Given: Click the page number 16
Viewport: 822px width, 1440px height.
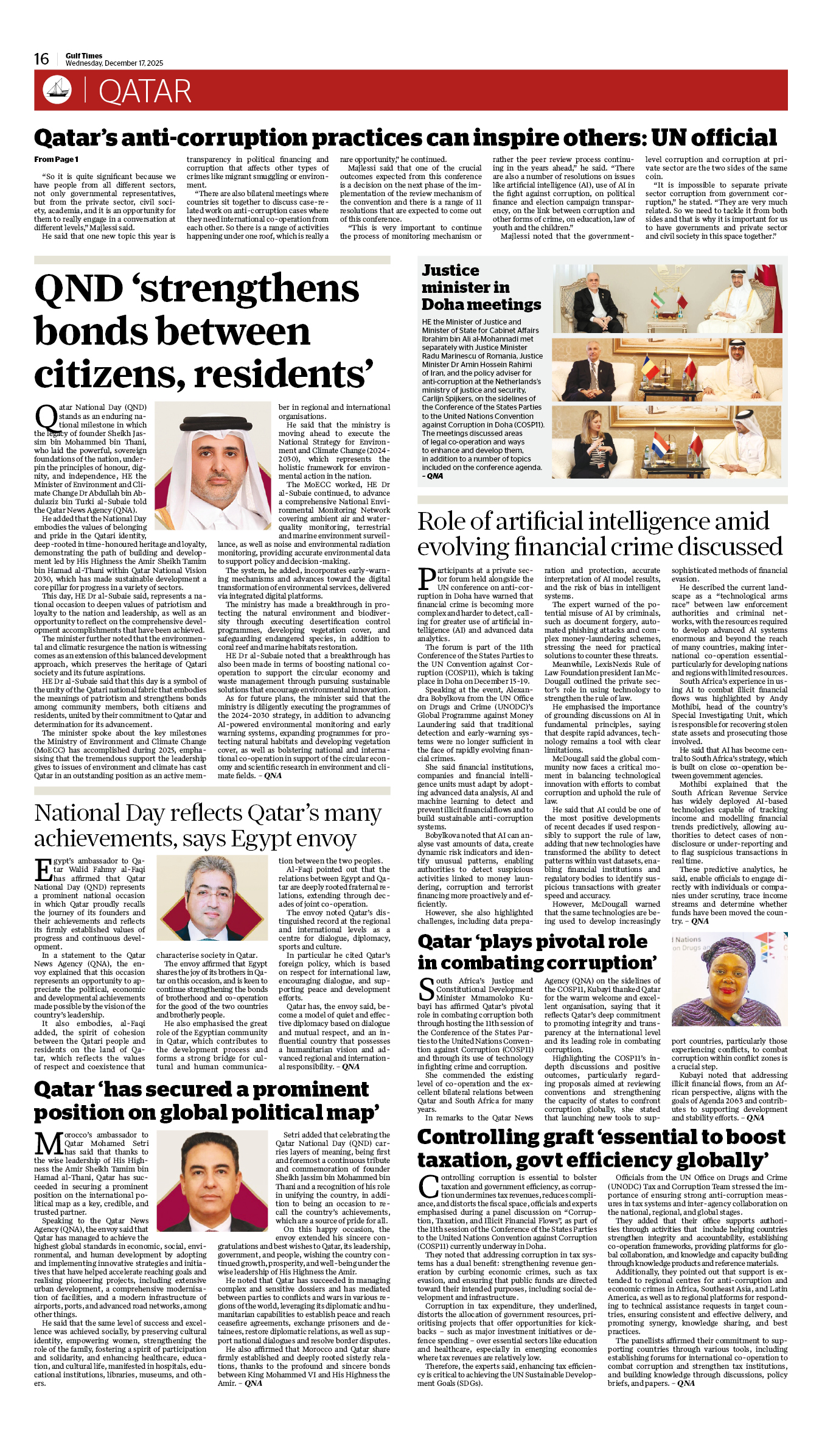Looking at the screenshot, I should point(41,59).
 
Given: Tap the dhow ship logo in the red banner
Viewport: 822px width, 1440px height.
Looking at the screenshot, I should point(57,90).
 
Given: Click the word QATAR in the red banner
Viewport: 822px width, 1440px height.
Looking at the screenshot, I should point(145,91).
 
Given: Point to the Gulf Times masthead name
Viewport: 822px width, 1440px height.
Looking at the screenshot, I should point(84,55).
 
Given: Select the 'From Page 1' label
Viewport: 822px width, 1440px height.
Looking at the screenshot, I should point(56,160).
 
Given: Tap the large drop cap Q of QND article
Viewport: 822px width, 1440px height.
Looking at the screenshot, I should point(46,417).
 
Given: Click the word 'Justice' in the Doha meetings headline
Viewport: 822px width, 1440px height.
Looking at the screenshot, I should point(450,270).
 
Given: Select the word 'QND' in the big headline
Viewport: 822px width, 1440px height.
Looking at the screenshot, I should point(79,288).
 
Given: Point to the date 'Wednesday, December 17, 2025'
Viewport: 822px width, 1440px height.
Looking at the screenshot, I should point(114,63).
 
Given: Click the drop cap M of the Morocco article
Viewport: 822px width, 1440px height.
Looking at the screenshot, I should point(49,1143).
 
